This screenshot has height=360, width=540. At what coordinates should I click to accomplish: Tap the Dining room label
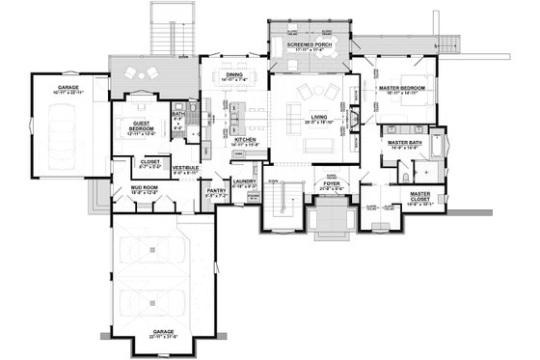coord(234,74)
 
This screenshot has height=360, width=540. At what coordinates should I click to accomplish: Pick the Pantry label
coord(217,192)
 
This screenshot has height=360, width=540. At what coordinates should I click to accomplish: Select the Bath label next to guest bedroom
coord(177,115)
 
